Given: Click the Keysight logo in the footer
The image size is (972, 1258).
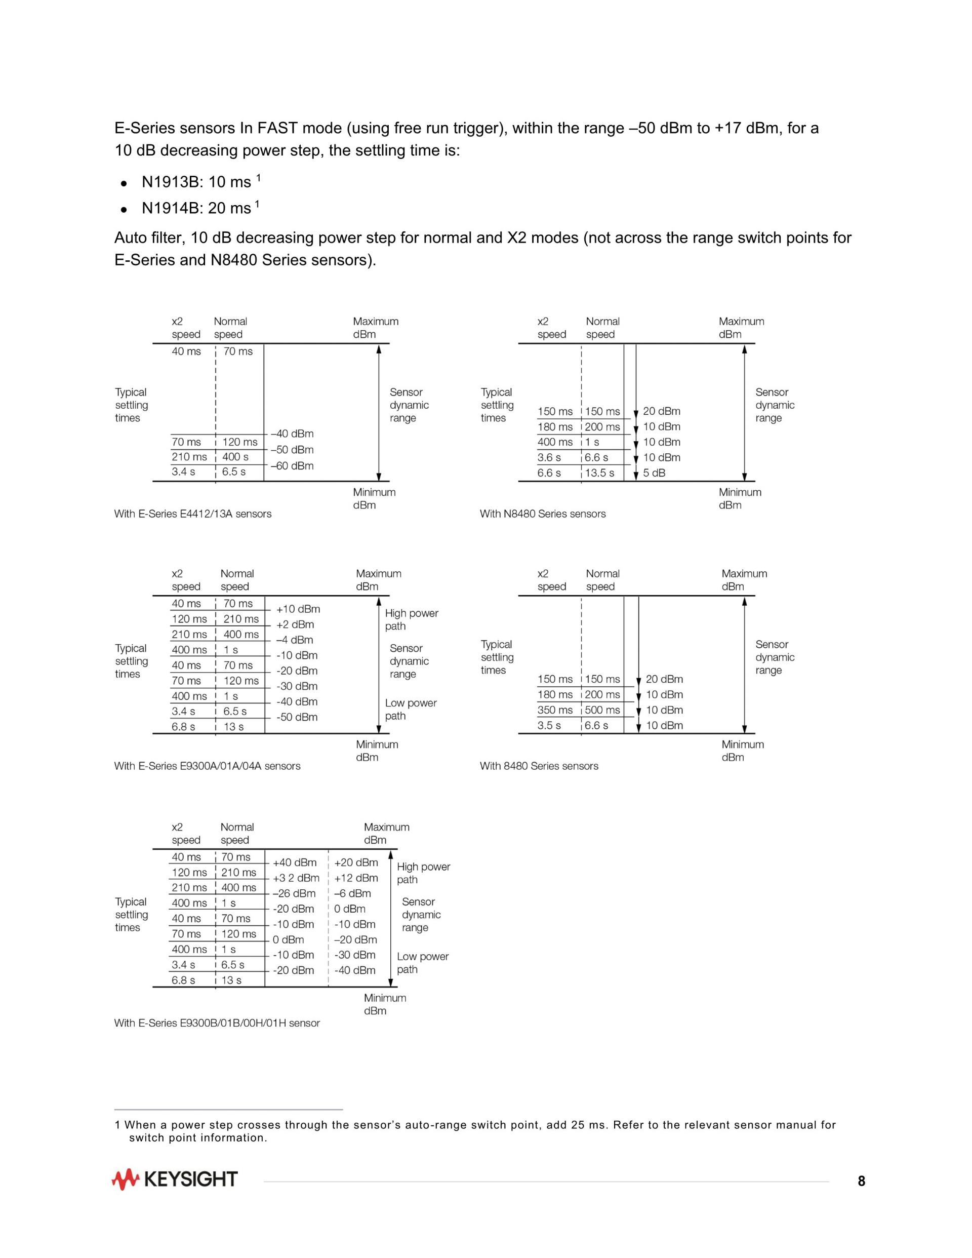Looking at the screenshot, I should [x=175, y=1180].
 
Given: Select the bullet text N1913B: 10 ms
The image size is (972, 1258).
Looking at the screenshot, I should [x=196, y=182].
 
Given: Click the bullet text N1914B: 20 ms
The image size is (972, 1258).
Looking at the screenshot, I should [x=196, y=208].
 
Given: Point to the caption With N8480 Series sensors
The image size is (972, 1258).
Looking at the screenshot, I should [x=542, y=514].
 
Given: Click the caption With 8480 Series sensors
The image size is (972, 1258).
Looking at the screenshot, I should [x=539, y=766].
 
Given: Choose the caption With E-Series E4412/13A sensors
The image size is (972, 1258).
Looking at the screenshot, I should [x=192, y=514].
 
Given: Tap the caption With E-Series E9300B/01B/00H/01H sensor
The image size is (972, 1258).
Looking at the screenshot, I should [x=217, y=1023].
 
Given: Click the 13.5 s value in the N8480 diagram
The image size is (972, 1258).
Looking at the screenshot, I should [x=599, y=473].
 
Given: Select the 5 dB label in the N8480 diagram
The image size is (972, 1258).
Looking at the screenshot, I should [x=654, y=473].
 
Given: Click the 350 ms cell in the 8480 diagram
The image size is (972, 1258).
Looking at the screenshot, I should [x=555, y=710].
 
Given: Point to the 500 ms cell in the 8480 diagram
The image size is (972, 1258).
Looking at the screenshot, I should [x=602, y=710].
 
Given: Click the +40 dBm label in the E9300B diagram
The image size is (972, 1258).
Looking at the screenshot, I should [x=295, y=862].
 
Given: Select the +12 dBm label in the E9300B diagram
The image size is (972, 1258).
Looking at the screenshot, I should [x=356, y=878].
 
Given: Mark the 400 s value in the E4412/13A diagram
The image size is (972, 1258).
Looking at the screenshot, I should [x=235, y=457].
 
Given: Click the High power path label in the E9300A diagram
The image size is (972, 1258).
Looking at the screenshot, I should [x=411, y=620].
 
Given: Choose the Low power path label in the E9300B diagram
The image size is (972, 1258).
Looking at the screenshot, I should [x=422, y=963].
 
